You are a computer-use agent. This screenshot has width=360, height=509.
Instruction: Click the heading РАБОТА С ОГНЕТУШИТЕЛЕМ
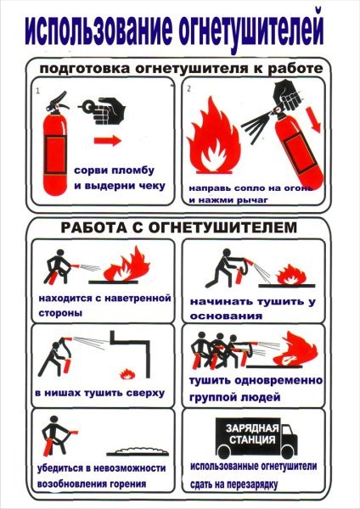180,227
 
